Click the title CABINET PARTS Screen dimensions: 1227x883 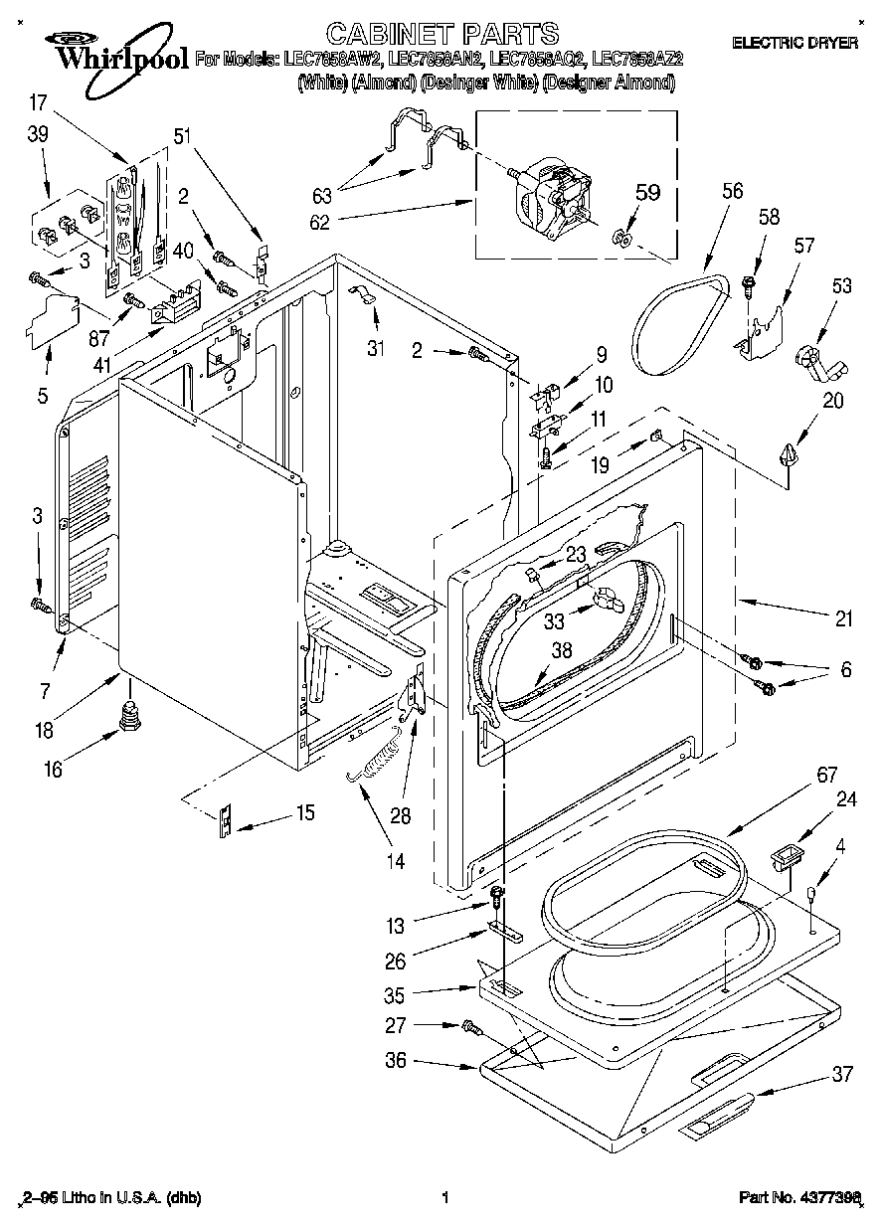[442, 34]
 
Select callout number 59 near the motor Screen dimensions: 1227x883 [647, 192]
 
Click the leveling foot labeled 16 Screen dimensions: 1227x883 [127, 716]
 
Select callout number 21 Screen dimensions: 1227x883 [843, 619]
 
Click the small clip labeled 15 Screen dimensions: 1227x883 [226, 821]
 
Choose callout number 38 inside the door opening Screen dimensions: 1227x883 [562, 651]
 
